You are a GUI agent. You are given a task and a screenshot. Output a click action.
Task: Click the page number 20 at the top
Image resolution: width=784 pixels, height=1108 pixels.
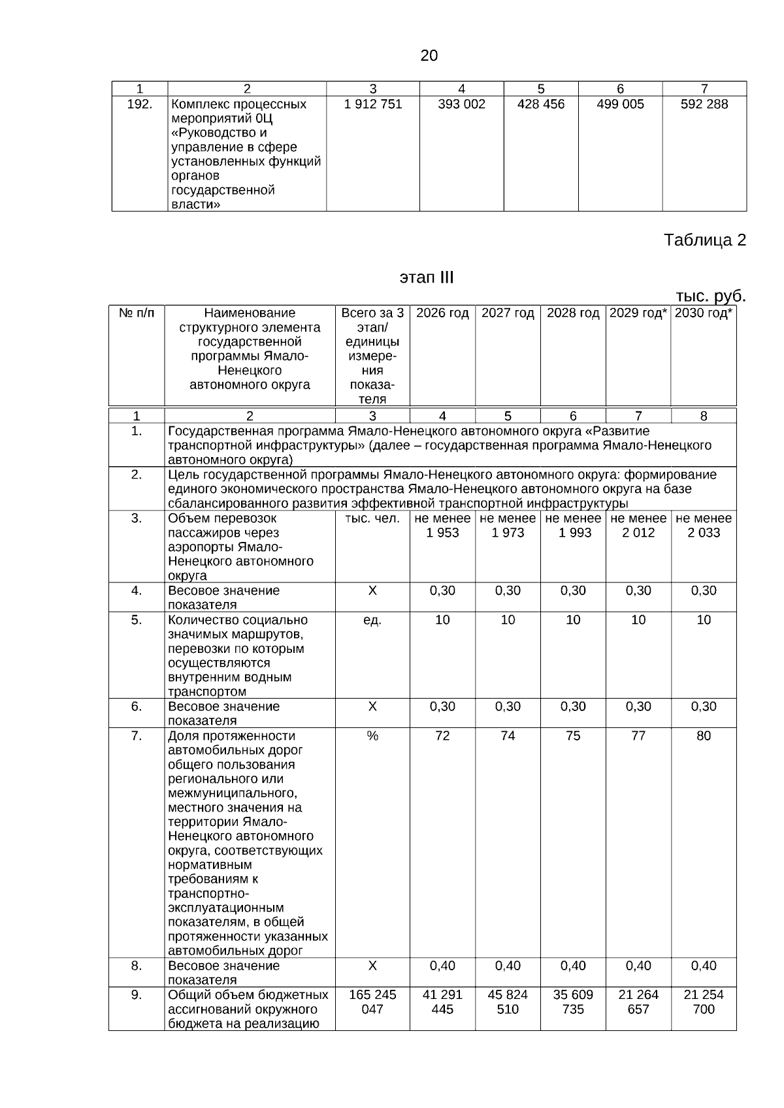click(429, 56)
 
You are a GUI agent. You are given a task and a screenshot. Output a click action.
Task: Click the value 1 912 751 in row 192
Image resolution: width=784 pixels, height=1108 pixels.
click(372, 104)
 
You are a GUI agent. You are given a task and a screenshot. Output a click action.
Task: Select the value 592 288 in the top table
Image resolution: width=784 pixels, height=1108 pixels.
click(704, 104)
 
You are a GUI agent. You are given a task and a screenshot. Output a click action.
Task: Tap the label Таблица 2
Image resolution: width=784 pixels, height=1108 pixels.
click(704, 240)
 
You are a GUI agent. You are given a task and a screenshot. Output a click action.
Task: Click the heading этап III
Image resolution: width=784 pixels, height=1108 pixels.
click(426, 278)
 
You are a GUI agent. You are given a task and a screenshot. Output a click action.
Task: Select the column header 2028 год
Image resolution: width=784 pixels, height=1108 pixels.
click(572, 313)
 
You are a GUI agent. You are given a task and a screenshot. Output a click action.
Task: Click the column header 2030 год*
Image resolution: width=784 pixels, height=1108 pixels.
click(703, 313)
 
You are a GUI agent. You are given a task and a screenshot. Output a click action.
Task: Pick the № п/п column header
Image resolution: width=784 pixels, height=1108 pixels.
click(137, 313)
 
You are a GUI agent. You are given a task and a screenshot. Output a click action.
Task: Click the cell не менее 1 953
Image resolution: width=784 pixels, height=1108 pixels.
click(442, 526)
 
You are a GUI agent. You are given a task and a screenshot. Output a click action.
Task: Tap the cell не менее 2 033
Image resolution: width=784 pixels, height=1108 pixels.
click(704, 526)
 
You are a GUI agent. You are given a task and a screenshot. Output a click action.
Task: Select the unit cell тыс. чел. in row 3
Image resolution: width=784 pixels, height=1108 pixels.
click(372, 518)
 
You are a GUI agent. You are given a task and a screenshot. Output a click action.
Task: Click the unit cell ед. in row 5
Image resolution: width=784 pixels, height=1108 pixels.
click(372, 620)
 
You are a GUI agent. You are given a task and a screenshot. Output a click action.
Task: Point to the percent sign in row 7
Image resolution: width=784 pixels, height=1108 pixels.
click(372, 736)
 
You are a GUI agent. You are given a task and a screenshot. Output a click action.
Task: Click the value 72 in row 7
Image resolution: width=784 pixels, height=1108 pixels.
click(442, 736)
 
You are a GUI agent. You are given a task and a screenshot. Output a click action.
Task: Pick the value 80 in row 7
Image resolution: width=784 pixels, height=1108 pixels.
click(704, 736)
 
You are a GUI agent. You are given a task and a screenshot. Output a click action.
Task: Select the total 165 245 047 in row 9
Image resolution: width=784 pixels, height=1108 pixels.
click(372, 1002)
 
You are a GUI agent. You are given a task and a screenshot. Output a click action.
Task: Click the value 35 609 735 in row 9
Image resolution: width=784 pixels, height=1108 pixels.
click(572, 1002)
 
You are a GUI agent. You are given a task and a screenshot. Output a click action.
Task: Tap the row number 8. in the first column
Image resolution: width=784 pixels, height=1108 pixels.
click(136, 966)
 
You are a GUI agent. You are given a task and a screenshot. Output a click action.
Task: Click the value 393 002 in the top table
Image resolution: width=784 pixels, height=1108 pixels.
click(461, 104)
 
